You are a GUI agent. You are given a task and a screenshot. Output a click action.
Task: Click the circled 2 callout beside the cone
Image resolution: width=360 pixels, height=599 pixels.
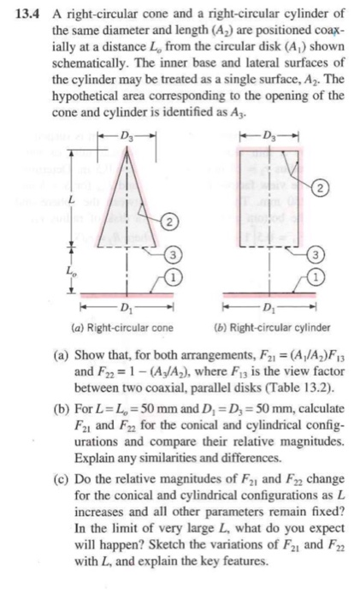(173, 222)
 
